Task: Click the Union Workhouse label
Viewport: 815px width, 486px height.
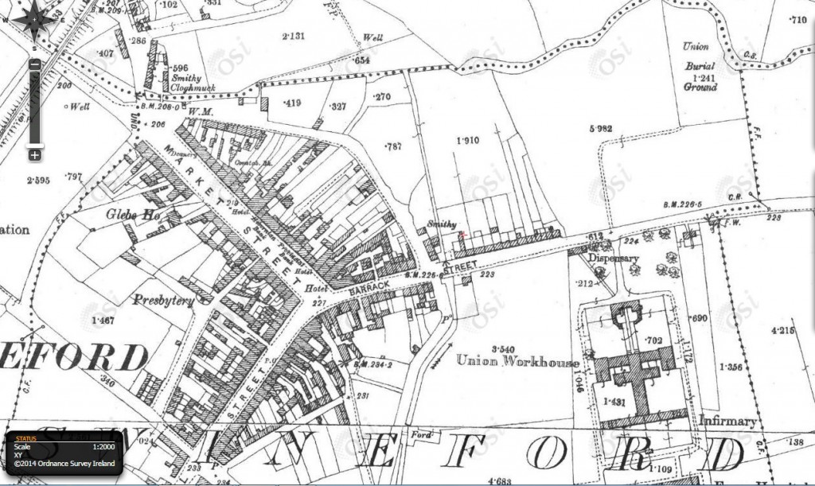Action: [x=518, y=361]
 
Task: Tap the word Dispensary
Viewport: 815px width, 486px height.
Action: [x=614, y=259]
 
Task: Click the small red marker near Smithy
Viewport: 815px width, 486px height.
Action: [x=461, y=233]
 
